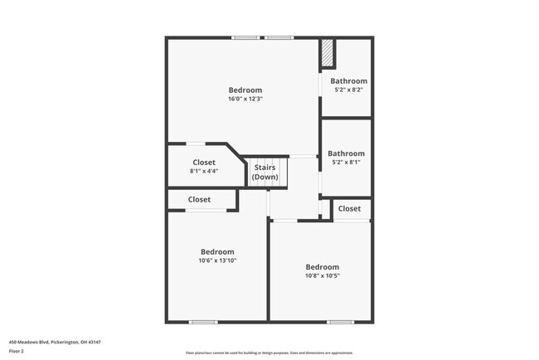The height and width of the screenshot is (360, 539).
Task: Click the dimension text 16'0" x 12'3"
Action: (245, 99)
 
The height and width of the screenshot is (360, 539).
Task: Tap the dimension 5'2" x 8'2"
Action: (348, 90)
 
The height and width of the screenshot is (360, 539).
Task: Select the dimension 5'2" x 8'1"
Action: (346, 162)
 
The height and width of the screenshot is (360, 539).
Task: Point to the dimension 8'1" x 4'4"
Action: (204, 171)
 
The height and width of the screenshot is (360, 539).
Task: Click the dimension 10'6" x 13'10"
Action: (217, 260)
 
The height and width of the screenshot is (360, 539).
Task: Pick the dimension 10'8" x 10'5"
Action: (323, 275)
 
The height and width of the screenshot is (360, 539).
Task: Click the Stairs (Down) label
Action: (265, 173)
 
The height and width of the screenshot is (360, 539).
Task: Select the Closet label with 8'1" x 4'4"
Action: (204, 163)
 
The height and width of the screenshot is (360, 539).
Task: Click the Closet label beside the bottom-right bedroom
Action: (350, 209)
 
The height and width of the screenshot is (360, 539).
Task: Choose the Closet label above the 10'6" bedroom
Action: (199, 200)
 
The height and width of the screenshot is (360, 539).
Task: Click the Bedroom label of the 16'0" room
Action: (245, 90)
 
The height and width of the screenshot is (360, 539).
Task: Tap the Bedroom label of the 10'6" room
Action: (217, 251)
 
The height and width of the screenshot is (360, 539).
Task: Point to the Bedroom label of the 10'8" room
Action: (323, 266)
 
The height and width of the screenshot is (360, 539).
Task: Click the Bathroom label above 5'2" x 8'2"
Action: (348, 81)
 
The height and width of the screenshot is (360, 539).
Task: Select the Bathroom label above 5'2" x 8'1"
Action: (346, 153)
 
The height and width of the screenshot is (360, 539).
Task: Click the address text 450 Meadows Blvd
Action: (55, 342)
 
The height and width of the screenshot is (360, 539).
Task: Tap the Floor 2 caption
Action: (17, 351)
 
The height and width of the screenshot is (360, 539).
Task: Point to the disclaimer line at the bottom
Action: (269, 352)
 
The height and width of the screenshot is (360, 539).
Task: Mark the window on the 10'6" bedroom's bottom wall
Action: (203, 322)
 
